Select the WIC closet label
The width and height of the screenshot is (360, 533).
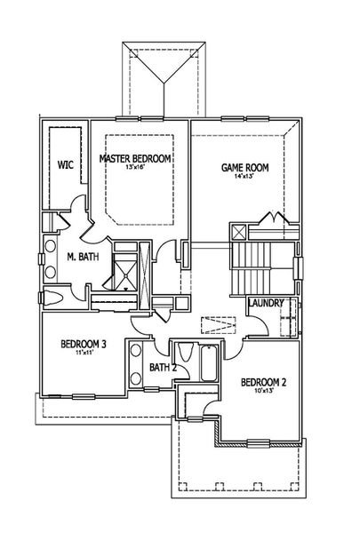tap(65, 165)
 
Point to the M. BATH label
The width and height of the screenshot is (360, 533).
tap(82, 258)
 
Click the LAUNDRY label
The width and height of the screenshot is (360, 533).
tap(266, 304)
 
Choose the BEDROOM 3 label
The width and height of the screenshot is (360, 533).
tap(84, 344)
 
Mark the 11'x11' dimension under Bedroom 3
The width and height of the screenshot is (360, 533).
tap(84, 354)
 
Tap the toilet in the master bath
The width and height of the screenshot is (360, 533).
tap(51, 298)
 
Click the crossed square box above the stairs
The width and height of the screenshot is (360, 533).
tap(239, 233)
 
